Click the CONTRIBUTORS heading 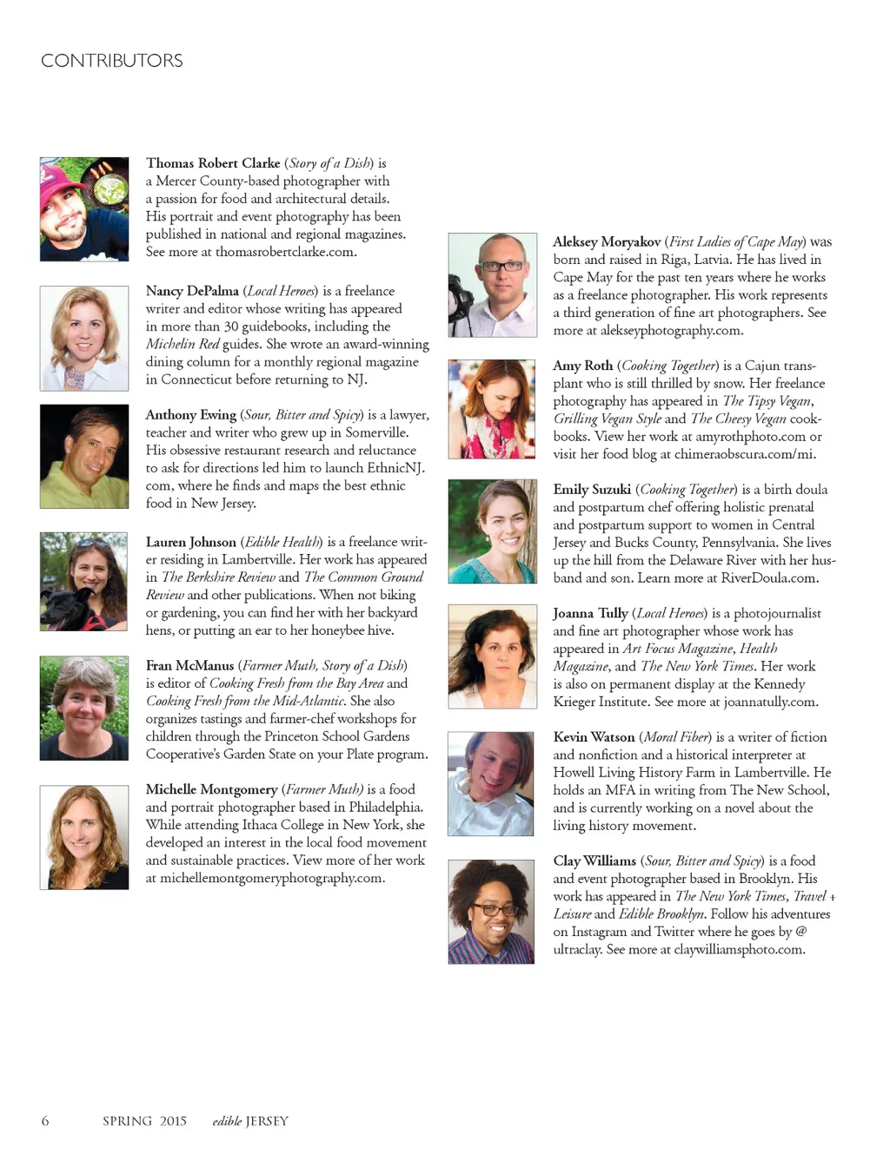click(x=111, y=61)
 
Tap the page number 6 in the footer click(x=45, y=1121)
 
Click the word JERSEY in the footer click(x=267, y=1121)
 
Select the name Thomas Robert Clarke click(x=213, y=163)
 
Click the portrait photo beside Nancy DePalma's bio click(x=83, y=339)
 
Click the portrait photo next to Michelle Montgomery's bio click(x=83, y=837)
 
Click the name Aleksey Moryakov click(x=607, y=242)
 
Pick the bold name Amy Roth click(x=582, y=366)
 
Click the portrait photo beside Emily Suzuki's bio click(x=492, y=531)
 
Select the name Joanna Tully click(x=590, y=613)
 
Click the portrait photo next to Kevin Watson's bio click(x=491, y=784)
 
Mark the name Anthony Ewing click(x=190, y=415)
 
